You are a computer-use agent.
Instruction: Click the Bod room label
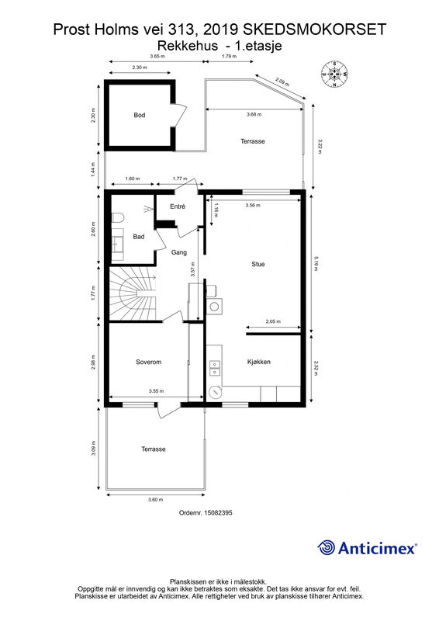click(140, 115)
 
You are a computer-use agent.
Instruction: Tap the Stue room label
click(258, 264)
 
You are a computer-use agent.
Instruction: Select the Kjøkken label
click(259, 362)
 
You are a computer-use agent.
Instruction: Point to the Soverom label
click(148, 362)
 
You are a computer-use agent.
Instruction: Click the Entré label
click(178, 206)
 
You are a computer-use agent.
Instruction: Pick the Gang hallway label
click(179, 252)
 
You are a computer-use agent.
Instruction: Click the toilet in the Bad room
click(118, 218)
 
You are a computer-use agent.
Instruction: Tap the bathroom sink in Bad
click(117, 245)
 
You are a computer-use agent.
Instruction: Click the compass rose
click(335, 74)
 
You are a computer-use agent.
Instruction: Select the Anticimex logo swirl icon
click(326, 548)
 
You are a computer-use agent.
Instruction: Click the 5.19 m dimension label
click(316, 264)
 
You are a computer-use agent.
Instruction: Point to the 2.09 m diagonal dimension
click(282, 83)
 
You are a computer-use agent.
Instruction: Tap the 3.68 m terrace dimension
click(254, 114)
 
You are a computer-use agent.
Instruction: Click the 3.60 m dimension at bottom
click(156, 500)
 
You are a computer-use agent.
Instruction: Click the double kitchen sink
click(215, 368)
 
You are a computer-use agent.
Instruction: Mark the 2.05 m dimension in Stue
click(273, 321)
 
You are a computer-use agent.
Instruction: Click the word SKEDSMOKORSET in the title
click(314, 29)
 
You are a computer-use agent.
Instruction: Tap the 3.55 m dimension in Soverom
click(157, 391)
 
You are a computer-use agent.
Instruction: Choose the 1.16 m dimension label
click(216, 210)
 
